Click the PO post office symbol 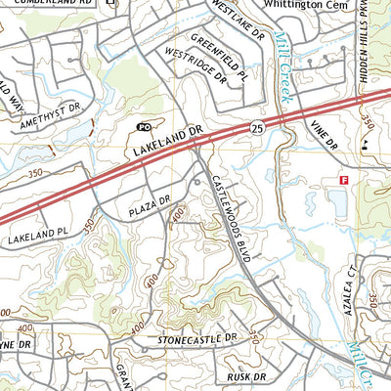[x=144, y=127]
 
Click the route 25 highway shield [x=255, y=127]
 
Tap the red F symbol [x=343, y=180]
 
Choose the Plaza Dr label [x=149, y=207]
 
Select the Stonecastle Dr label [x=196, y=338]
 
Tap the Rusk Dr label [x=244, y=377]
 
